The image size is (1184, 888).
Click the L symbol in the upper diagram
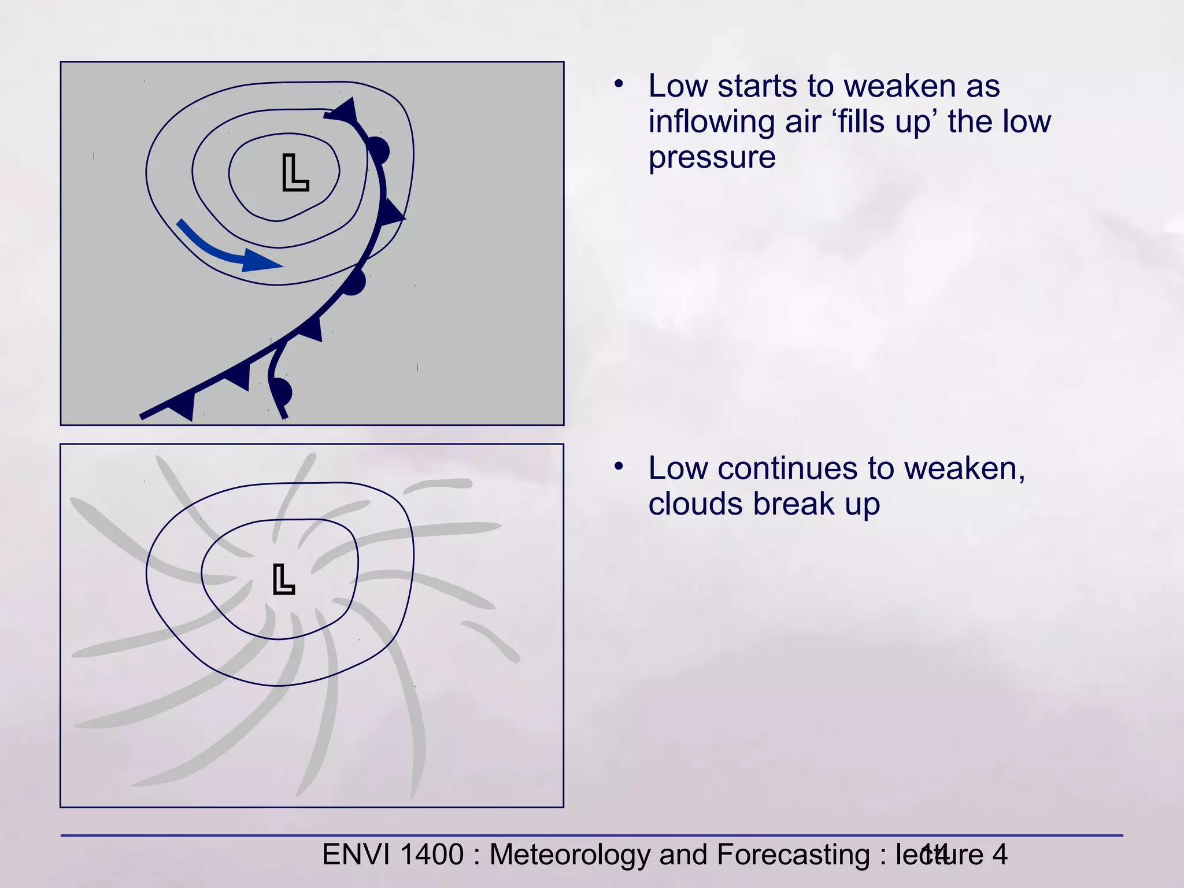point(295,173)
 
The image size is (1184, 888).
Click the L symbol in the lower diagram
point(284,580)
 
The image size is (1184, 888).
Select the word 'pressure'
point(712,157)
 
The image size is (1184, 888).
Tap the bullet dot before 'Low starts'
point(619,84)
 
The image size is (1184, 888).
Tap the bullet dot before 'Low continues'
point(619,466)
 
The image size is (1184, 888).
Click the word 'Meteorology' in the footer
point(569,854)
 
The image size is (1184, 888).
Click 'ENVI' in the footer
point(356,854)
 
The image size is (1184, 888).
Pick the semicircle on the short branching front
point(282,392)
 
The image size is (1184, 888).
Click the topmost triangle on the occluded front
point(345,110)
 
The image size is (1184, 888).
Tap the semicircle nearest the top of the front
point(378,150)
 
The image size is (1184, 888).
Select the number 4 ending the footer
point(1000,854)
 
